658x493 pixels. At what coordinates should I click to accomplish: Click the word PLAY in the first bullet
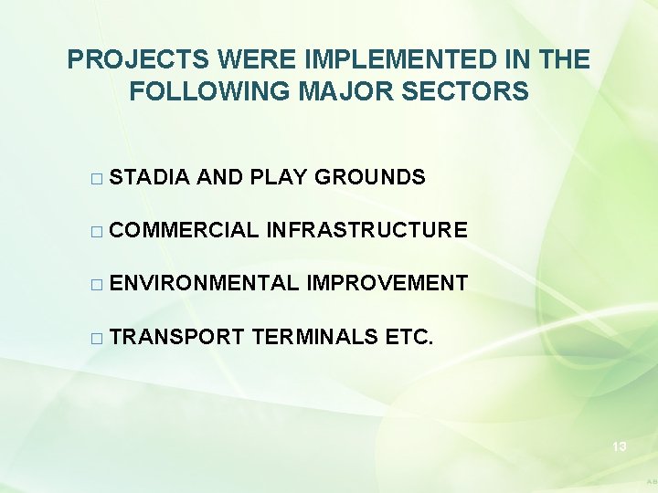click(x=278, y=177)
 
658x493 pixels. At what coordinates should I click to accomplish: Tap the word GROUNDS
click(x=370, y=177)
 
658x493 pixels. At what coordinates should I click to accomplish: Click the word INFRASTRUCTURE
click(x=367, y=230)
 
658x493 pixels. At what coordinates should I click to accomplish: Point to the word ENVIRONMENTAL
click(x=204, y=283)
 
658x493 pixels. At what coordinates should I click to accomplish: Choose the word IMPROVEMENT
click(x=387, y=283)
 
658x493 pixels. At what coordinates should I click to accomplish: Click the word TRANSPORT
click(x=176, y=336)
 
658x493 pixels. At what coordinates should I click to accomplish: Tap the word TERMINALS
click(x=315, y=336)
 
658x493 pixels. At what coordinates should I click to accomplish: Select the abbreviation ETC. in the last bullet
click(x=410, y=336)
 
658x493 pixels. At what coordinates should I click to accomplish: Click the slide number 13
click(x=619, y=446)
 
